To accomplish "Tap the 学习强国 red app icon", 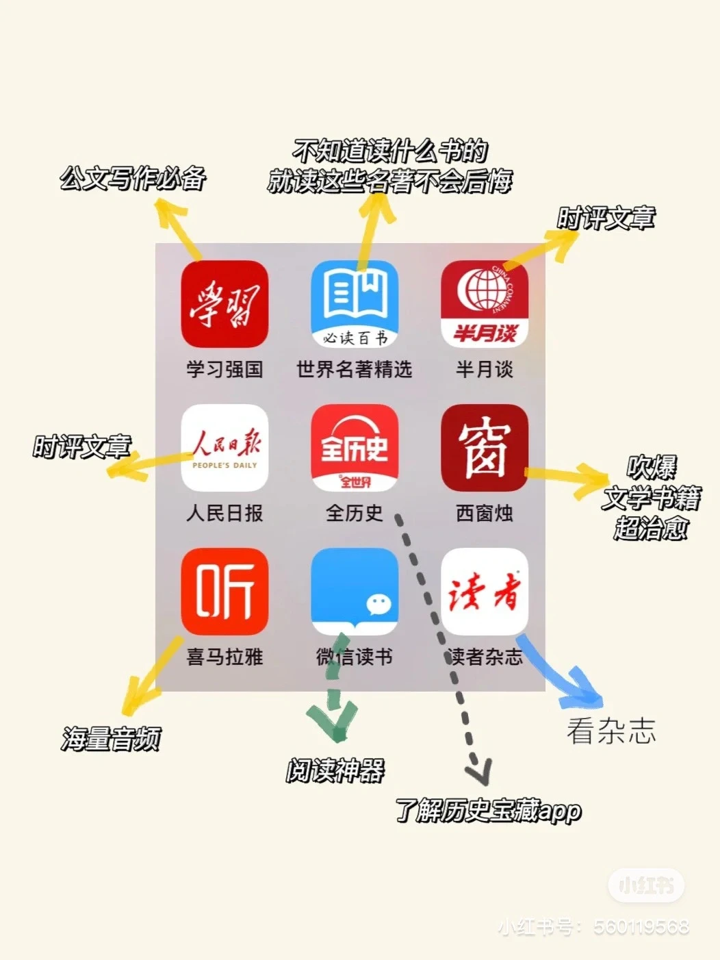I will tap(224, 304).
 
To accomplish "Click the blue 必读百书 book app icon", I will tap(355, 304).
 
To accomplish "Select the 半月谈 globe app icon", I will tap(485, 304).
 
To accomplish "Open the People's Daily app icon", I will tap(224, 448).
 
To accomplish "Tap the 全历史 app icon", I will tap(355, 448).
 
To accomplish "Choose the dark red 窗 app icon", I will tap(485, 448).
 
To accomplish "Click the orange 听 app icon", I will tap(224, 592).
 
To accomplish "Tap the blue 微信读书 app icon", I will tap(355, 592).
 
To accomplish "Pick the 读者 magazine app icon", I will tap(485, 592).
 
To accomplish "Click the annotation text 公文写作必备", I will tap(133, 178).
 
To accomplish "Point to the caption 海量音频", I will tap(112, 739).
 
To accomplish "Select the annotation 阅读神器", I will tap(335, 771).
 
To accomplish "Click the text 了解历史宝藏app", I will tap(489, 811).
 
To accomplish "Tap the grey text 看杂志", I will tap(611, 731).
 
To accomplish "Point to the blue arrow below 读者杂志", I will tap(565, 678).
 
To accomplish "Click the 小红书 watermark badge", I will tap(646, 885).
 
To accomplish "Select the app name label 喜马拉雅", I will tap(224, 657).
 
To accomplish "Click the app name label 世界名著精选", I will tap(355, 370).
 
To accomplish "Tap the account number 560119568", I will tap(641, 927).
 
